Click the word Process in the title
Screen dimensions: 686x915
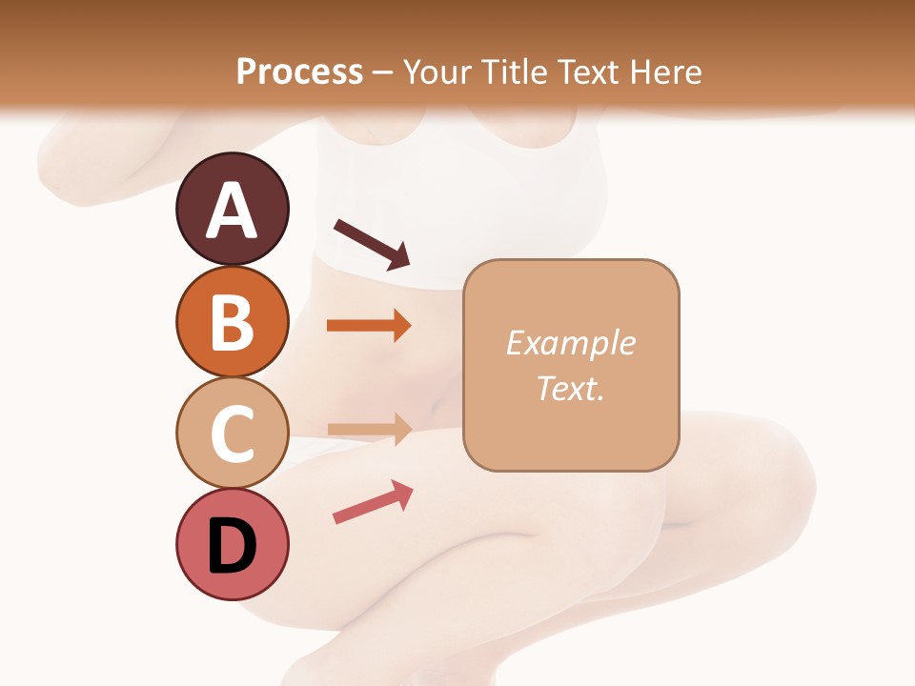click(299, 72)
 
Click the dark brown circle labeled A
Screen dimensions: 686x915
click(232, 209)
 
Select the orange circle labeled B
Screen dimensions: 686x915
click(232, 321)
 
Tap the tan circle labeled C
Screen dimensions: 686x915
click(232, 433)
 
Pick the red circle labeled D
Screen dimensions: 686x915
click(232, 545)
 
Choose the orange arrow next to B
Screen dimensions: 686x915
click(369, 325)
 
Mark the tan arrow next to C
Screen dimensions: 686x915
click(369, 430)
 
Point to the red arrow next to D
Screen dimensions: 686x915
click(373, 501)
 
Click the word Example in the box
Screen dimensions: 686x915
click(570, 343)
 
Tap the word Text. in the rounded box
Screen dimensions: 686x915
click(570, 388)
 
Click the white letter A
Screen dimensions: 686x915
click(232, 211)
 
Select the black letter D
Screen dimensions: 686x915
click(232, 547)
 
